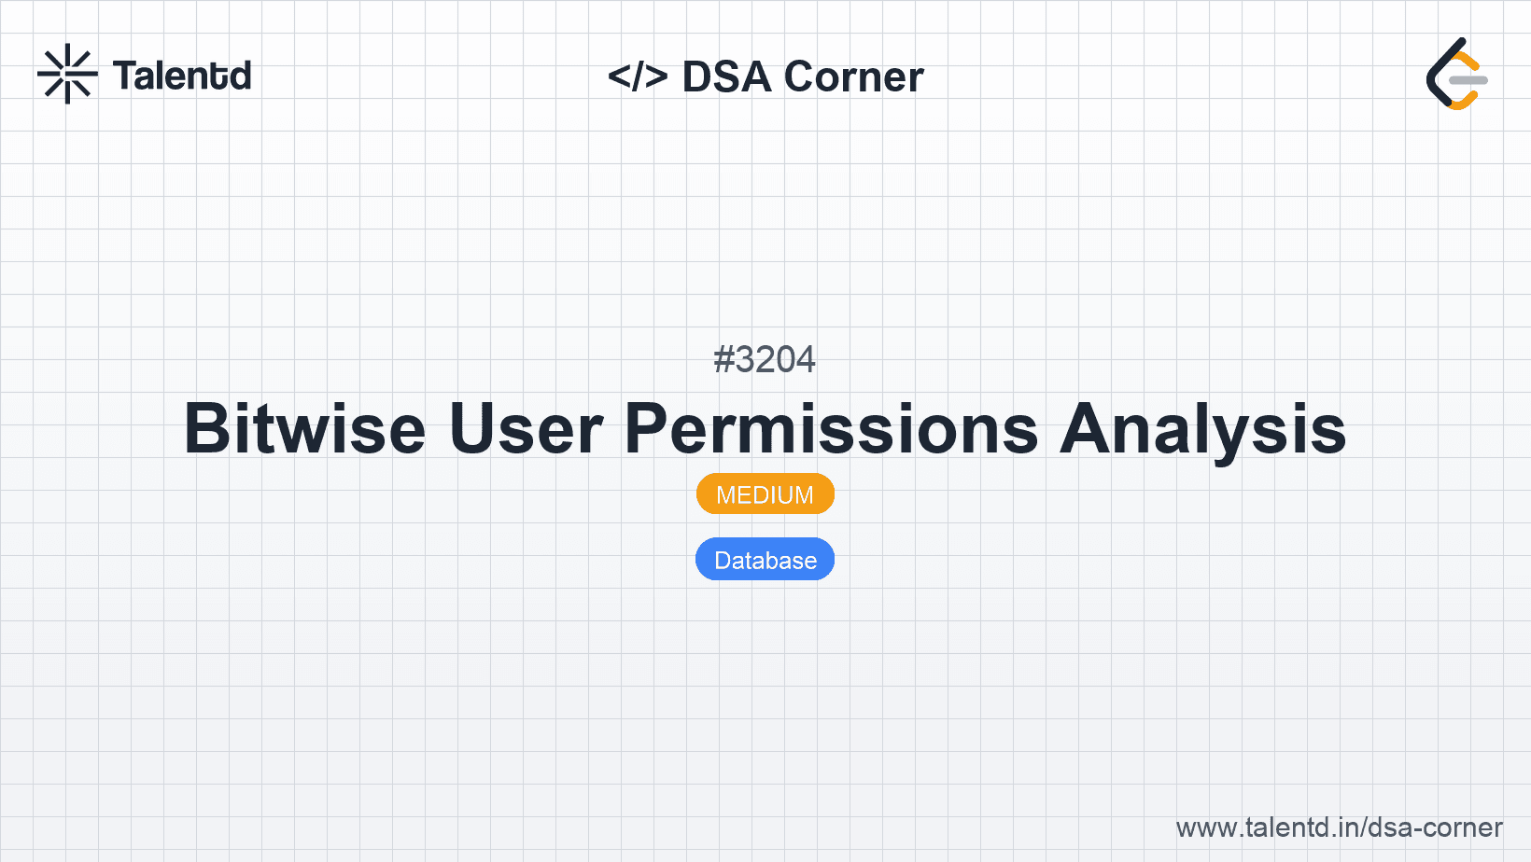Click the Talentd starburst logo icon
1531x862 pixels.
pyautogui.click(x=67, y=74)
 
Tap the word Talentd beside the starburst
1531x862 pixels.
pyautogui.click(x=182, y=76)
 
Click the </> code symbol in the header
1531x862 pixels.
pyautogui.click(x=638, y=76)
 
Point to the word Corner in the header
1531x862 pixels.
pyautogui.click(x=853, y=76)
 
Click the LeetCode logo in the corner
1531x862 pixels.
pyautogui.click(x=1456, y=74)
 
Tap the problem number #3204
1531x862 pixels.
pyautogui.click(x=765, y=359)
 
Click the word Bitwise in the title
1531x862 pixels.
pyautogui.click(x=305, y=428)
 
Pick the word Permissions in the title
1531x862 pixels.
pyautogui.click(x=831, y=428)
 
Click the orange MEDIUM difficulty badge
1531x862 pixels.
pyautogui.click(x=765, y=494)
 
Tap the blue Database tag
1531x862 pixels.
pyautogui.click(x=765, y=560)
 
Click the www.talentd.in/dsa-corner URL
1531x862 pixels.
pyautogui.click(x=1339, y=827)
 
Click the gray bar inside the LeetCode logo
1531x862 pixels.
pyautogui.click(x=1468, y=80)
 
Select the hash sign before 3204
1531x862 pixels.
pyautogui.click(x=723, y=359)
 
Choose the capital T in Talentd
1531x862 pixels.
pyautogui.click(x=127, y=76)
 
